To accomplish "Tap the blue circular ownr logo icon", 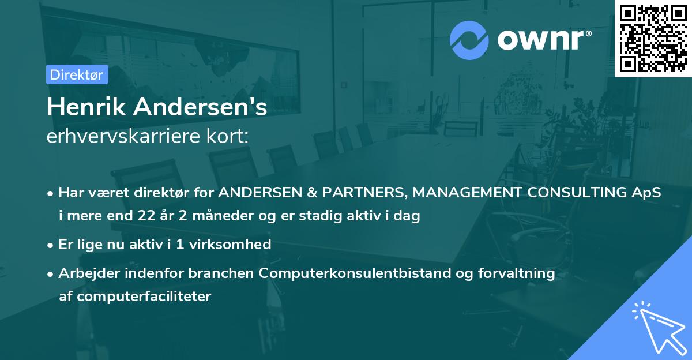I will pos(469,40).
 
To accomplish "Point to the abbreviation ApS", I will pos(646,193).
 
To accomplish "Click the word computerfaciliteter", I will pos(136,297).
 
